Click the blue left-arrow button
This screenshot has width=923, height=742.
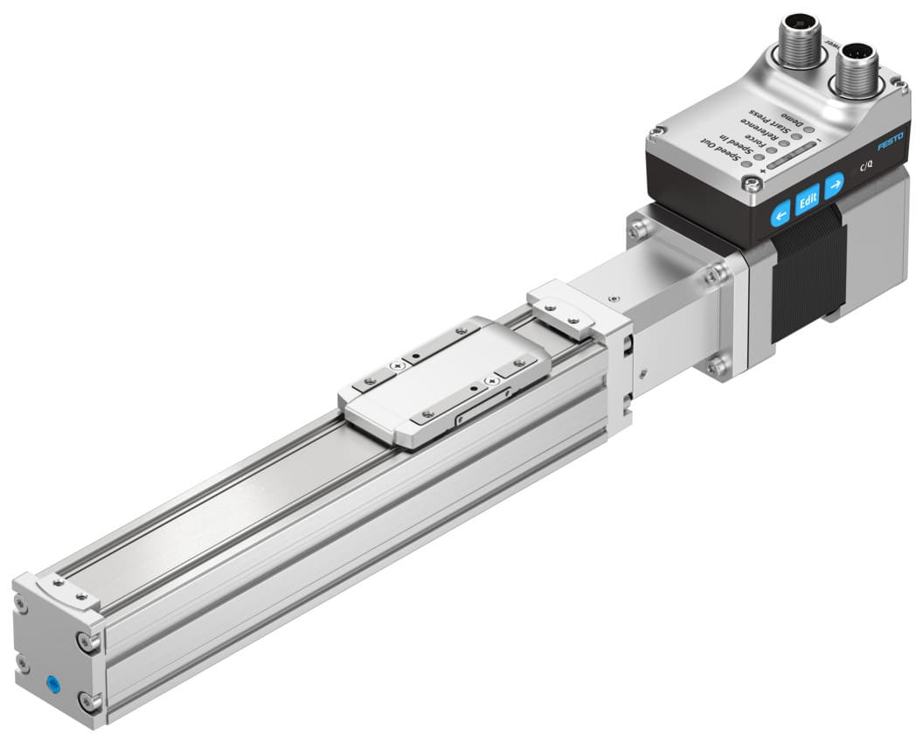click(780, 212)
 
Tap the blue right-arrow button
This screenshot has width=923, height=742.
click(835, 184)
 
